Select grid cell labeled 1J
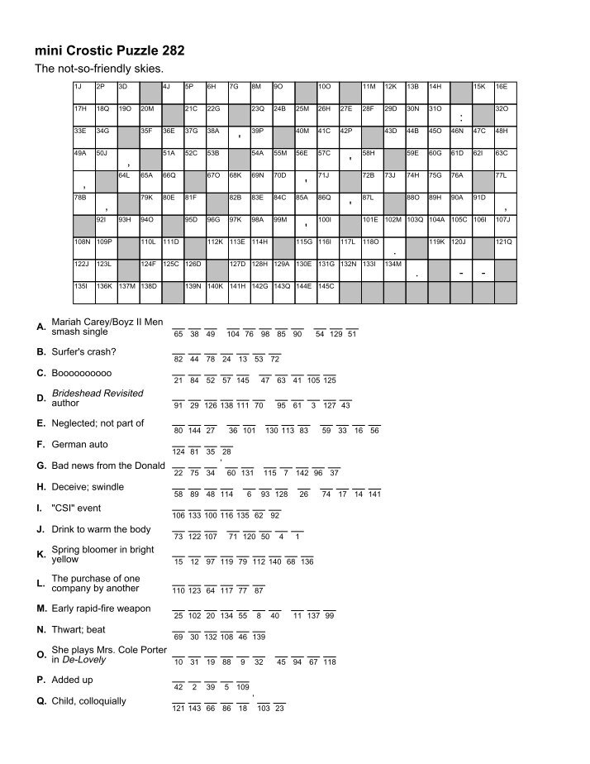tap(83, 92)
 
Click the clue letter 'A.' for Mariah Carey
tap(41, 327)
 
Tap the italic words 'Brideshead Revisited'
tap(97, 394)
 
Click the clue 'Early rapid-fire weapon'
tap(101, 609)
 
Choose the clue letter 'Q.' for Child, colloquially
tap(41, 701)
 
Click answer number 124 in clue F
tap(178, 451)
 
